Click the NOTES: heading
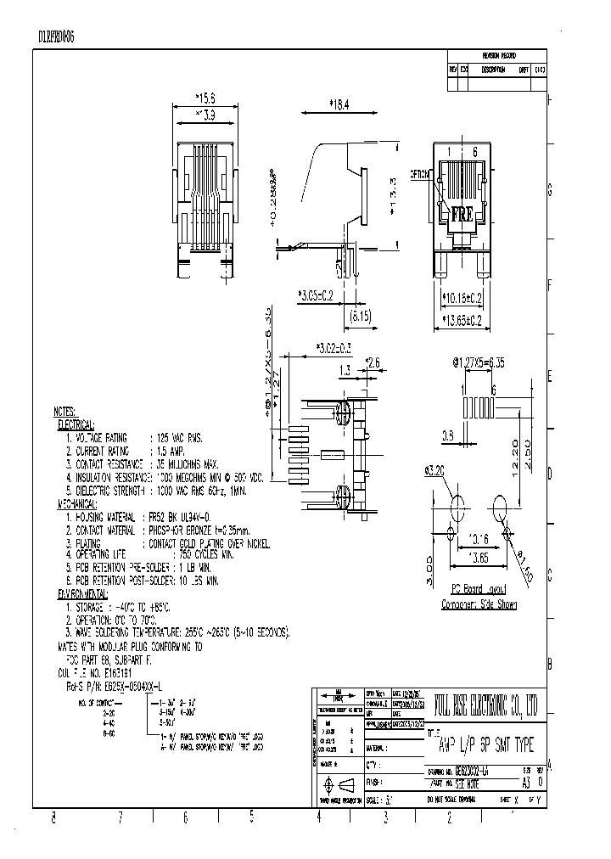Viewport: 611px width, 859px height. [70, 410]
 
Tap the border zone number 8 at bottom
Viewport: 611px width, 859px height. [53, 817]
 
